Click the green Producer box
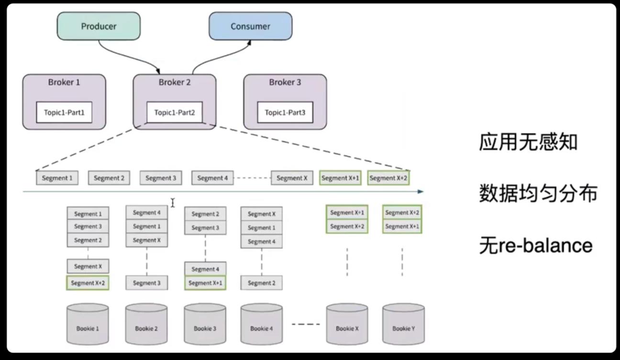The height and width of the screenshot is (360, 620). tap(99, 26)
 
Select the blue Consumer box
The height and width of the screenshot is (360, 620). tap(250, 26)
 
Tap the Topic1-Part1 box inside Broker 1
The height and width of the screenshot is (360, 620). tap(64, 113)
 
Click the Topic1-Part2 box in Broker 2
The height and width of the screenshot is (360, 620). tap(175, 113)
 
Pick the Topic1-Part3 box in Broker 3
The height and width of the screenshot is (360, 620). tap(285, 113)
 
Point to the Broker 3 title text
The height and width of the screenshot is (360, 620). tap(285, 82)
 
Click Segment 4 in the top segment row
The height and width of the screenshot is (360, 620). tap(213, 178)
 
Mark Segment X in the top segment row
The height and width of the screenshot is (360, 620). tap(292, 178)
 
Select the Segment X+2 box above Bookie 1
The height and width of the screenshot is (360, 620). tap(88, 283)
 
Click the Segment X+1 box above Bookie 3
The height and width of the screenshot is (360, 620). tap(205, 283)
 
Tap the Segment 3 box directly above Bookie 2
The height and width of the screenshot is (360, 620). tap(147, 283)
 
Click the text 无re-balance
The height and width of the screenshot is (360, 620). tap(536, 246)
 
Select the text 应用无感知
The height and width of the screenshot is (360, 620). tap(528, 142)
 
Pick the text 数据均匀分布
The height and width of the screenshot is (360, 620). tap(538, 194)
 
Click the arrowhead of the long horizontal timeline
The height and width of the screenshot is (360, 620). tap(421, 191)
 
